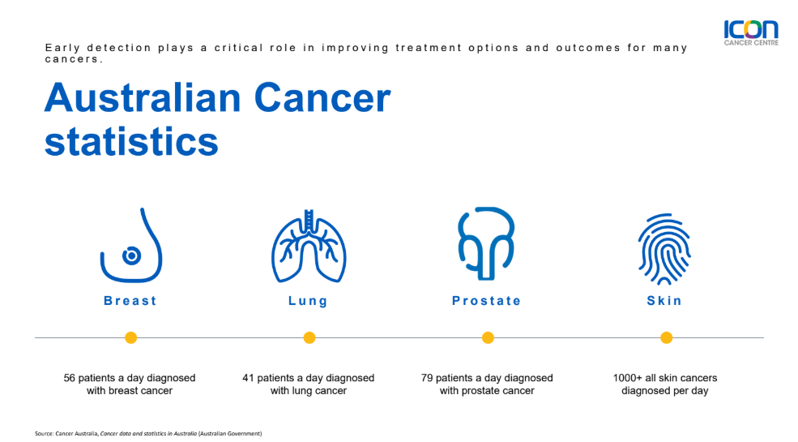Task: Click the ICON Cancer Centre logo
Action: (x=751, y=33)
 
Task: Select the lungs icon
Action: (x=309, y=246)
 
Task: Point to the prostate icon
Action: (x=487, y=242)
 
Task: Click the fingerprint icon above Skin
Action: (x=664, y=248)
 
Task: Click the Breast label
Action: (x=130, y=301)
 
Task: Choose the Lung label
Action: (x=308, y=301)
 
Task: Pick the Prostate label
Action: (x=487, y=301)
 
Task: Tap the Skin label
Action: (x=664, y=301)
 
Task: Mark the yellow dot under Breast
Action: (x=130, y=337)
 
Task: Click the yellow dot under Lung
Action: (x=309, y=337)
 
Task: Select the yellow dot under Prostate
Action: (x=488, y=337)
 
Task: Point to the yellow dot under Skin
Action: (x=667, y=337)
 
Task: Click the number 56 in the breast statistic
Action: (x=69, y=378)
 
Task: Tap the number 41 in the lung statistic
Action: (x=248, y=378)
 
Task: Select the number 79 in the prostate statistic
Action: (x=426, y=378)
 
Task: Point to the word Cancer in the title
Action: (x=322, y=98)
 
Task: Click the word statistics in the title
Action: (x=131, y=142)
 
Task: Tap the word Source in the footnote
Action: (x=44, y=434)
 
